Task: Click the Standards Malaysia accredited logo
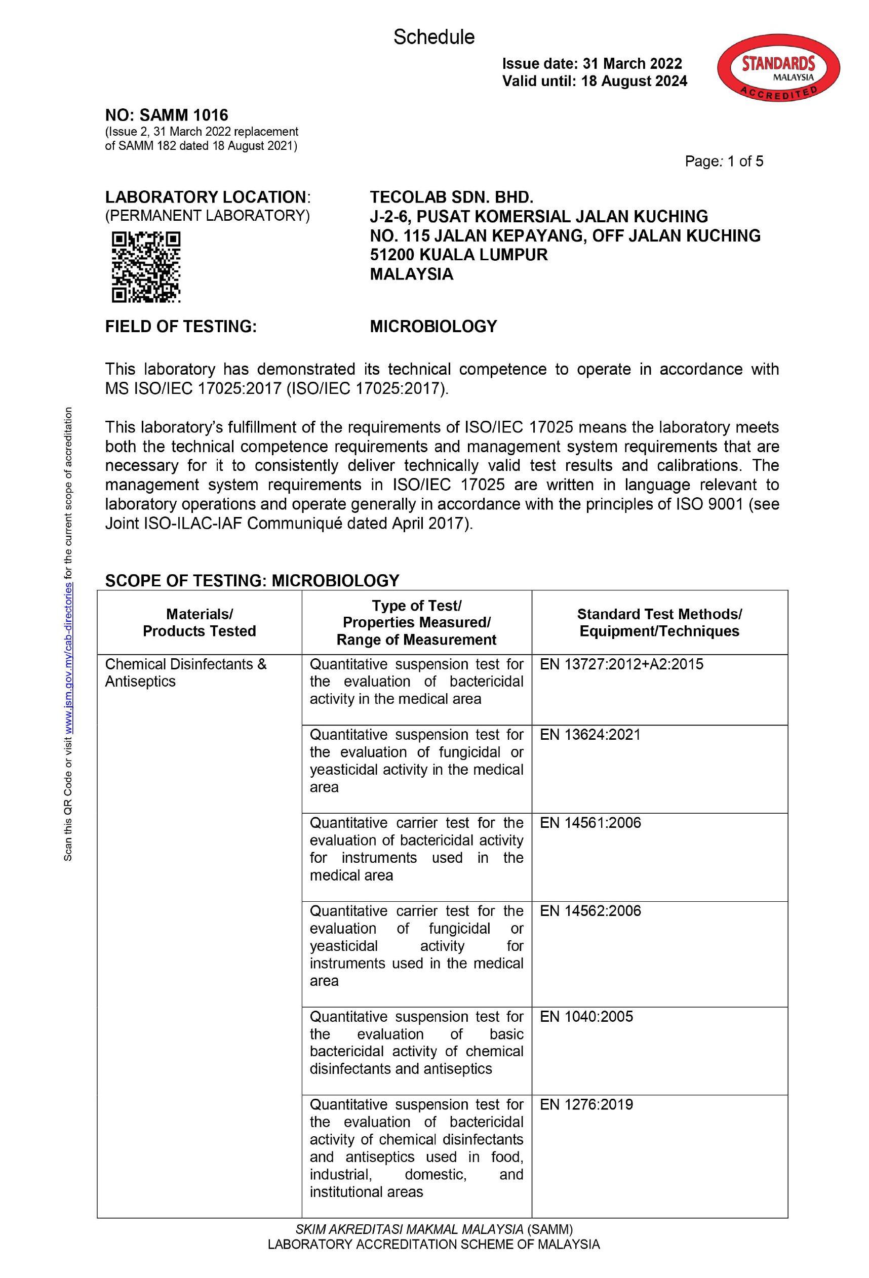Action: (x=778, y=68)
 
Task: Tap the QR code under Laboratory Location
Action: (x=146, y=267)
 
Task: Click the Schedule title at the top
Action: (x=433, y=37)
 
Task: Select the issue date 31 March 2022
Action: (x=632, y=64)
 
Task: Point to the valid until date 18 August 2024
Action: (x=634, y=82)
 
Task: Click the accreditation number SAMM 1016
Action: (x=183, y=115)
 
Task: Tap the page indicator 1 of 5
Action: (x=745, y=161)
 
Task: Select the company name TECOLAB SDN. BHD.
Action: (x=451, y=197)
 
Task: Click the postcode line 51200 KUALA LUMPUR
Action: (x=458, y=255)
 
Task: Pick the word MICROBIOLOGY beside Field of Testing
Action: (x=433, y=326)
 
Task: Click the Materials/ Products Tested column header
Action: (x=199, y=622)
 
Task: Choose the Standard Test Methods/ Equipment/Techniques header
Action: (x=659, y=622)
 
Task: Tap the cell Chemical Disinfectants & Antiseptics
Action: (x=185, y=672)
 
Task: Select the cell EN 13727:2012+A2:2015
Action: (x=621, y=664)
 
